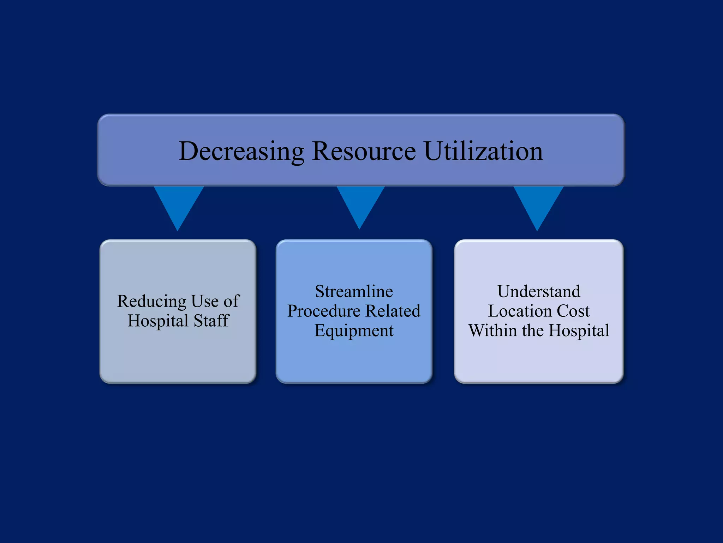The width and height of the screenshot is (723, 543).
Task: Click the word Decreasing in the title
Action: [241, 151]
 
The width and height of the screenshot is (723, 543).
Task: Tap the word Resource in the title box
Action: [364, 151]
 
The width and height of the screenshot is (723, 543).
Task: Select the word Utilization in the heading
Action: [483, 151]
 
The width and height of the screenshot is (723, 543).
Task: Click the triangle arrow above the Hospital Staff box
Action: [178, 203]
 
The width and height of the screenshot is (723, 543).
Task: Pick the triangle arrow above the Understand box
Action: [538, 203]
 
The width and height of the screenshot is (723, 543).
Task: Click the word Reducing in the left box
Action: [152, 302]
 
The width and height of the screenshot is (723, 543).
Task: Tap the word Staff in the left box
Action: [211, 321]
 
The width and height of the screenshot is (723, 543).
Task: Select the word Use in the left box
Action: [205, 302]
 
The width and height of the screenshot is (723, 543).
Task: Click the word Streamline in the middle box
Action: [354, 292]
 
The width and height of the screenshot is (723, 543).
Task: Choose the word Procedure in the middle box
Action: [324, 311]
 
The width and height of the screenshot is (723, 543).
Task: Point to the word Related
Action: [393, 311]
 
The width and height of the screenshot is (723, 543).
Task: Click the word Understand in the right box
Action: [539, 292]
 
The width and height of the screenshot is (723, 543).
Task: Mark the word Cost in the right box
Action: [573, 311]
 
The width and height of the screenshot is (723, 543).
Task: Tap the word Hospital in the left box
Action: [158, 321]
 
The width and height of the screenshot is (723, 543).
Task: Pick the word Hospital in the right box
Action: [579, 331]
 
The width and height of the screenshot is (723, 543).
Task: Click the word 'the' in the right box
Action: [533, 331]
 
